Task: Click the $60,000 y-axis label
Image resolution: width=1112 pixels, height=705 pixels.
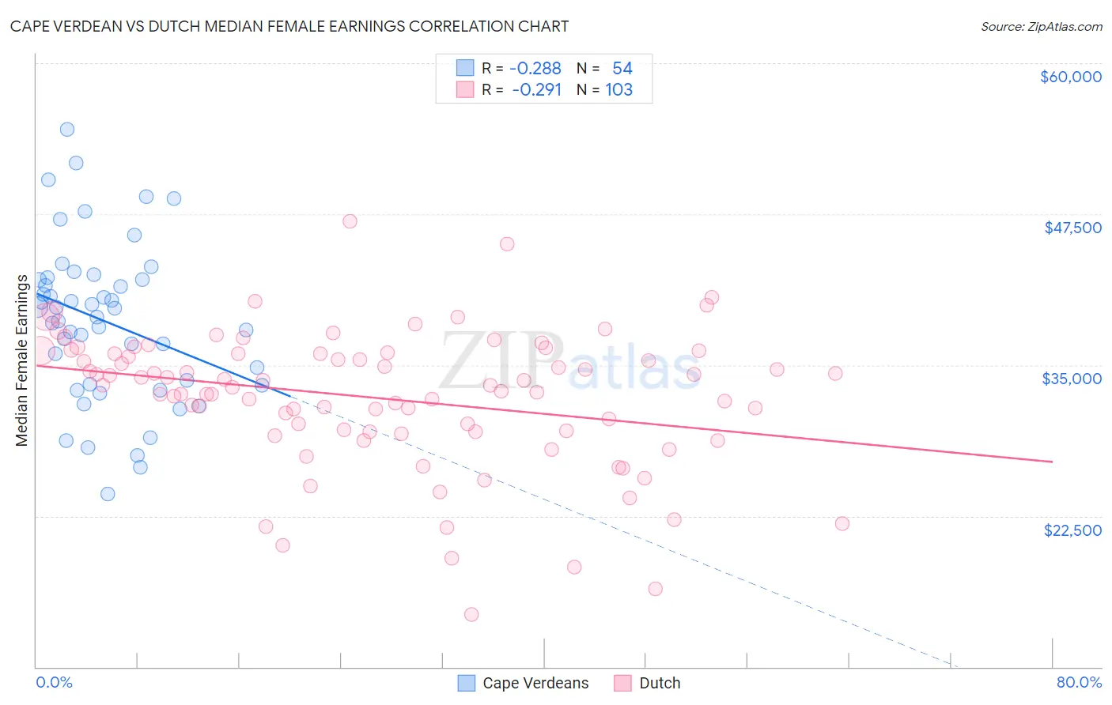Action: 1070,77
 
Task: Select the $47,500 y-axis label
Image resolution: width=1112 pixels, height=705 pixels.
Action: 1072,228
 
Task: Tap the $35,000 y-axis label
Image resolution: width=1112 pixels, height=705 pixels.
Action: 1072,379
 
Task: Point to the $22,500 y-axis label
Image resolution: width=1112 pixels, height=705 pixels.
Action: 1072,530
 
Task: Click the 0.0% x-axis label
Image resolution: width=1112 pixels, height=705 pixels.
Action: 54,682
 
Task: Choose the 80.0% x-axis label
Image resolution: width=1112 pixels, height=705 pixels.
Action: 1079,682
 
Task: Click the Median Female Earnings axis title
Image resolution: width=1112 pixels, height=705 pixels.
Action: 22,360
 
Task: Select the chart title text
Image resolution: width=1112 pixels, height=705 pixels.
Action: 289,26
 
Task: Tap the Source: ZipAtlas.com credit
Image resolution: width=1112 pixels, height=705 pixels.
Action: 1041,26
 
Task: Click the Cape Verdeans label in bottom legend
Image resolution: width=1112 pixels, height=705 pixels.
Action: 535,683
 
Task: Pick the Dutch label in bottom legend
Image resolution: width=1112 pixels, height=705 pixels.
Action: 660,683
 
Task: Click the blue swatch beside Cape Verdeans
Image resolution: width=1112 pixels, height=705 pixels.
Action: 467,683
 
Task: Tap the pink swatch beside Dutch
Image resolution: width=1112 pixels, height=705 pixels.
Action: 623,683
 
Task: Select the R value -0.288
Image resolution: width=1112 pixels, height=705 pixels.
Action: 535,68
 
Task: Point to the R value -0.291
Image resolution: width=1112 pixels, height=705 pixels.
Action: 536,89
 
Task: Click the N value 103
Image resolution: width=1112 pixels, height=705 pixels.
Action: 618,89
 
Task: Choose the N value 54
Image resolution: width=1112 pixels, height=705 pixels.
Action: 622,68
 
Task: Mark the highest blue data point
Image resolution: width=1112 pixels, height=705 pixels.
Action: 67,130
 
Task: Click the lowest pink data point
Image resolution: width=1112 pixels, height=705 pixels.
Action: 471,614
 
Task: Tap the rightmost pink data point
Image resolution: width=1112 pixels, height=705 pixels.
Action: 842,524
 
